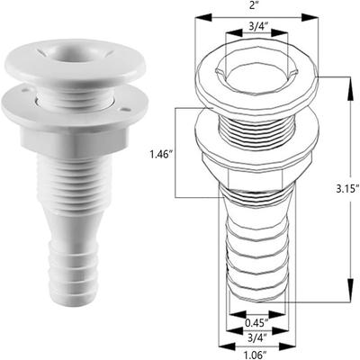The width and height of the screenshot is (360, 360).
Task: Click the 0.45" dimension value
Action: click(x=256, y=320)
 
